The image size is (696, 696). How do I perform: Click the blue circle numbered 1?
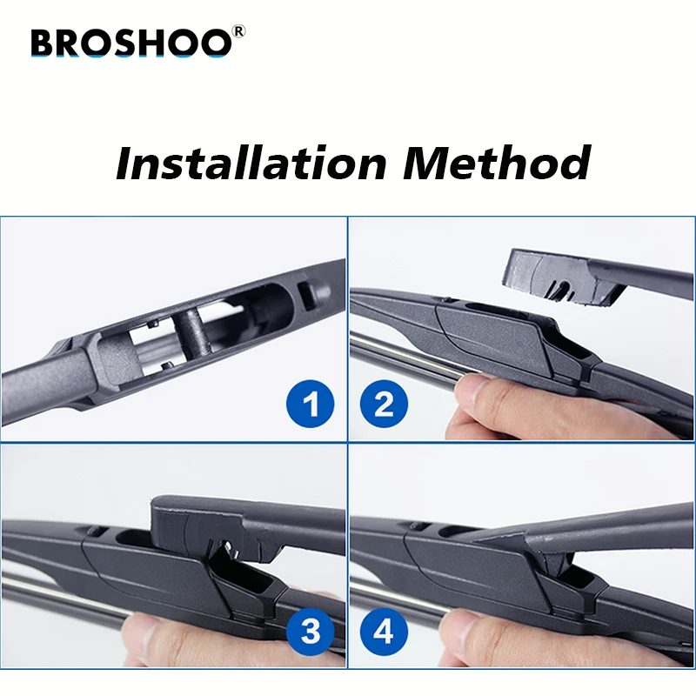pyautogui.click(x=311, y=405)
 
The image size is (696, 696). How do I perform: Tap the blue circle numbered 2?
pyautogui.click(x=385, y=405)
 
